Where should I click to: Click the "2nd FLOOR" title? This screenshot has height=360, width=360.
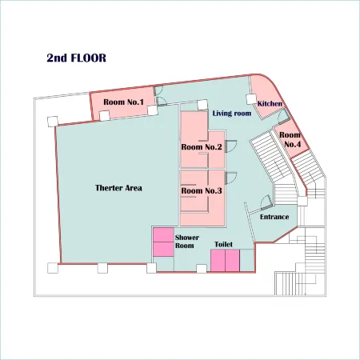point(77,58)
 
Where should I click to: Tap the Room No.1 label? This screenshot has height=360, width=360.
point(123,102)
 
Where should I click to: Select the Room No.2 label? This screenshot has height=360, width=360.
point(202,147)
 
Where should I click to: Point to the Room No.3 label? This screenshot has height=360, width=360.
point(202,190)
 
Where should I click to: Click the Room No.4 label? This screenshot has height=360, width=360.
point(290,139)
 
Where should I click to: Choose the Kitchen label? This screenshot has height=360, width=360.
point(270,103)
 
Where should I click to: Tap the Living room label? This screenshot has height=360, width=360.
point(232,114)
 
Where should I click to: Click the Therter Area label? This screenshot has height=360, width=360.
point(118,188)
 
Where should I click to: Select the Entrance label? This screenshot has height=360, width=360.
point(274,217)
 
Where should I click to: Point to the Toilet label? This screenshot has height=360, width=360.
point(223,244)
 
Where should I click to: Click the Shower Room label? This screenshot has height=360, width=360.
point(187,242)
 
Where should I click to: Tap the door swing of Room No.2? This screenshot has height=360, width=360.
point(231,146)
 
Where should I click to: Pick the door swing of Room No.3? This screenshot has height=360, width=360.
point(231,178)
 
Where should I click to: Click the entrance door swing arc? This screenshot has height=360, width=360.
point(265,202)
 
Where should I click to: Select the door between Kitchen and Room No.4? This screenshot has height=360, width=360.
point(284,117)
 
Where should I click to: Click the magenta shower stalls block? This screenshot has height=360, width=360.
point(163,242)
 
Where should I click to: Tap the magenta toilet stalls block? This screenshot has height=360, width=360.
point(225,261)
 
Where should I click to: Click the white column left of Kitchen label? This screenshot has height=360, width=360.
point(251,99)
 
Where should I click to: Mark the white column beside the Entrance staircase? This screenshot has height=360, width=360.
point(302,201)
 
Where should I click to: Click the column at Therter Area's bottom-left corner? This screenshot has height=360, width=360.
point(53,268)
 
